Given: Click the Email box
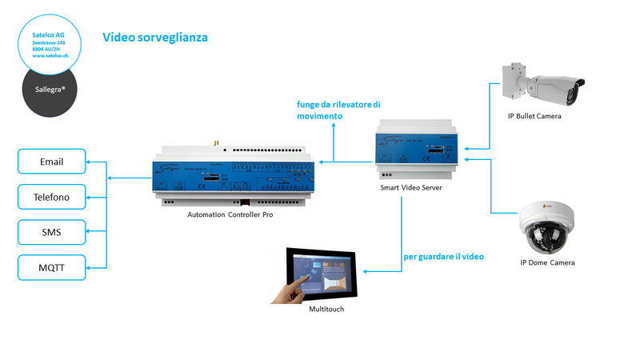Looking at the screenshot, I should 51,162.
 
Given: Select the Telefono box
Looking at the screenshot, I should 51,197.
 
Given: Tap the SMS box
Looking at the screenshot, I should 51,233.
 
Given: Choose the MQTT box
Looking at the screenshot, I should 51,268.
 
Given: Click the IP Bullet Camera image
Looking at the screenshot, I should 542,85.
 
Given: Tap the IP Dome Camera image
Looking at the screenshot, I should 549,227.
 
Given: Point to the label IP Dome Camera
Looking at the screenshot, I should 548,262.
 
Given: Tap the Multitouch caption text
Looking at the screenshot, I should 326,309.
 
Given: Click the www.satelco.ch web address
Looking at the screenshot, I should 50,56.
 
